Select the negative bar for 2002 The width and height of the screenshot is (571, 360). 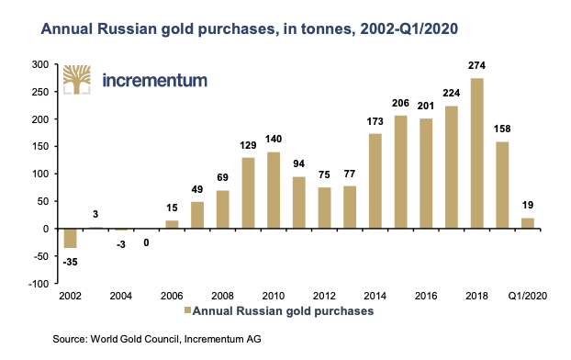point(70,238)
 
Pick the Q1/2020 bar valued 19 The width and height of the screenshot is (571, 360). point(527,223)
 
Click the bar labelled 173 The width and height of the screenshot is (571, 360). point(375,181)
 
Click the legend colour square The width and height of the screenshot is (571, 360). point(187,312)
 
